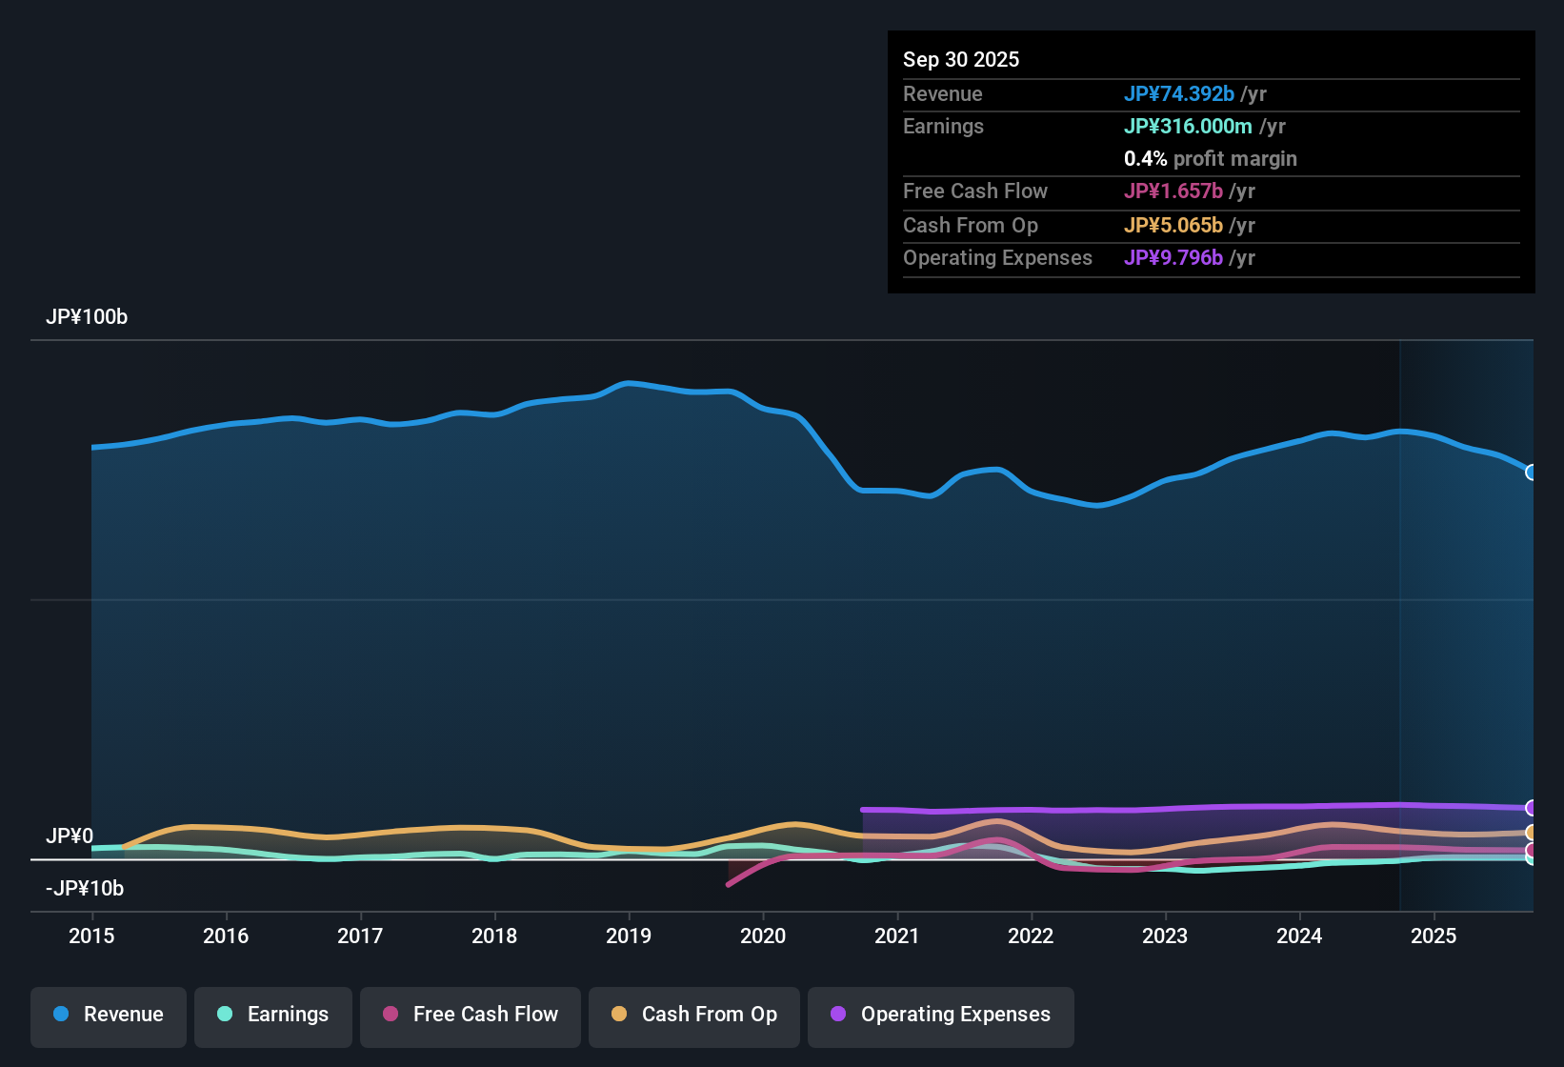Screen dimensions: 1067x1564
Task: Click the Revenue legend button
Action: click(109, 1015)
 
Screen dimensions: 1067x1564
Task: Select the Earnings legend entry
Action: click(273, 1015)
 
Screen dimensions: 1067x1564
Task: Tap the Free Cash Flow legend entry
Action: click(471, 1015)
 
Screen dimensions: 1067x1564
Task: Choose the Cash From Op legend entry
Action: click(694, 1015)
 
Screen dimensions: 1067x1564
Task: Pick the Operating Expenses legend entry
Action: click(941, 1015)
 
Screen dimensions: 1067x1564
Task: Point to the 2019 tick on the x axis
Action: click(629, 936)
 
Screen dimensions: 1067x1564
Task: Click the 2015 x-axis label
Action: click(91, 936)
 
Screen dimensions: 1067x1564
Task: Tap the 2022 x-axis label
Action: click(1031, 936)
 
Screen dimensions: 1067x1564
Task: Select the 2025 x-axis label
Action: click(1434, 936)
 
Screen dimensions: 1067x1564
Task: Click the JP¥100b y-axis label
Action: click(87, 317)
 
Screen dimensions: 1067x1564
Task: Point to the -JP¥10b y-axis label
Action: click(85, 889)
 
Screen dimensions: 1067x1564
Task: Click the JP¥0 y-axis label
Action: click(70, 836)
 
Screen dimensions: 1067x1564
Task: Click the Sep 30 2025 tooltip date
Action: click(961, 59)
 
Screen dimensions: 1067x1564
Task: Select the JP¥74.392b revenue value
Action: click(1179, 93)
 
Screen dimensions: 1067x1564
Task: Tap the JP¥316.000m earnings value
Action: click(1188, 126)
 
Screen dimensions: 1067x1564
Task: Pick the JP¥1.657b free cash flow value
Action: click(1173, 191)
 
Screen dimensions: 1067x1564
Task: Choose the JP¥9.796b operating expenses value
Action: click(1173, 258)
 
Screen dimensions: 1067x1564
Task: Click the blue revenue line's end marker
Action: click(1531, 473)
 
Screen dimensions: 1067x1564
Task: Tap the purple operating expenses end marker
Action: click(1531, 808)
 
